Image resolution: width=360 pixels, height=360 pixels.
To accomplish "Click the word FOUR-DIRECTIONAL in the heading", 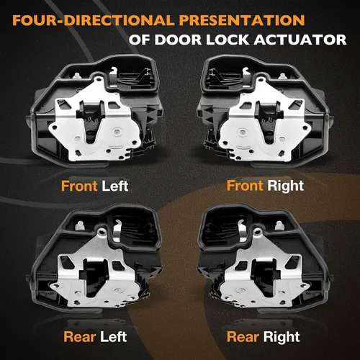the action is pos(93,20).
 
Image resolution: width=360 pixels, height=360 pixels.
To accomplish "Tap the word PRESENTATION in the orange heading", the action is pos(242,20).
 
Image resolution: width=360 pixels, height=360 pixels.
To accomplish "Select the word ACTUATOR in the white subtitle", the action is pos(300,40).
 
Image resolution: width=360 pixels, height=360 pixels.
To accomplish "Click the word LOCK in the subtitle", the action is pos(227,40).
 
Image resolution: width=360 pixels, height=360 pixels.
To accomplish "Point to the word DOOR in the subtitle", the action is pos(178,40).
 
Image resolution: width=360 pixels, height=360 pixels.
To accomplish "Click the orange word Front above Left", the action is pos(79,186).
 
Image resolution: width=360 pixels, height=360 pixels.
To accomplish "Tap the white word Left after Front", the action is pos(115,186).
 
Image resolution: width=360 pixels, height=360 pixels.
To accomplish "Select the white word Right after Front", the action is pos(285,186).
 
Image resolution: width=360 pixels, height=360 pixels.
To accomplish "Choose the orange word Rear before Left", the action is pos(80,337).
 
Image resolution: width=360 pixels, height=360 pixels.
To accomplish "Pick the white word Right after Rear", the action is pos(282,337).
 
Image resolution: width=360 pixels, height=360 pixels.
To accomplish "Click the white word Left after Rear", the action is pos(114,337).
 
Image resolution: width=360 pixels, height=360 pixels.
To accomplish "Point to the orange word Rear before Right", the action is pos(243,337).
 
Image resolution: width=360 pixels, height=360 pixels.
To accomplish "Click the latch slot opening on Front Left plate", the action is pos(92,120).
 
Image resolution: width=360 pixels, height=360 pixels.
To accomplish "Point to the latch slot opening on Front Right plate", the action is pos(268,120).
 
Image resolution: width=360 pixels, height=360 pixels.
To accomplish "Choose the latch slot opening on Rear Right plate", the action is pos(264,276).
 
